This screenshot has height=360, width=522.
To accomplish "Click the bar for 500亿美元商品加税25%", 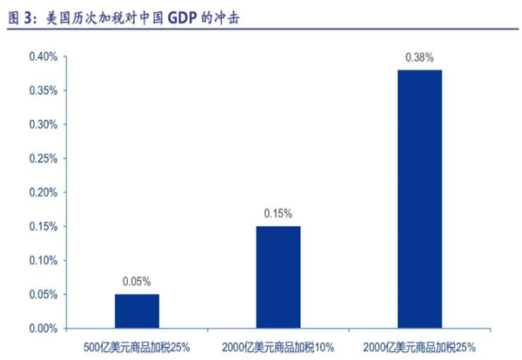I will coord(137,311).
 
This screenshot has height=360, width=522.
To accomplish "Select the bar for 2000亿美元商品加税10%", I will coord(278,277).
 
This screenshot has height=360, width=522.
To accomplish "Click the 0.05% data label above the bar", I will coord(137,281).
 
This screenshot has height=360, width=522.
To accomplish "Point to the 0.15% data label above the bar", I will coord(278,213).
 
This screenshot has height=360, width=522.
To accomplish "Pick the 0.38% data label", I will coord(419,57).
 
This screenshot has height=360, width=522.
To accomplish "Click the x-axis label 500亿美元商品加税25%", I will coord(137,346).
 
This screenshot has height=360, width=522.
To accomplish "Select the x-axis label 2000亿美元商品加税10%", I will coord(278,346).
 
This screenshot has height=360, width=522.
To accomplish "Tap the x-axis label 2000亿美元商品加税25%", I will coord(419,346).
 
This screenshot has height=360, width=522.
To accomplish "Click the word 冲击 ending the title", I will coord(229,17).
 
